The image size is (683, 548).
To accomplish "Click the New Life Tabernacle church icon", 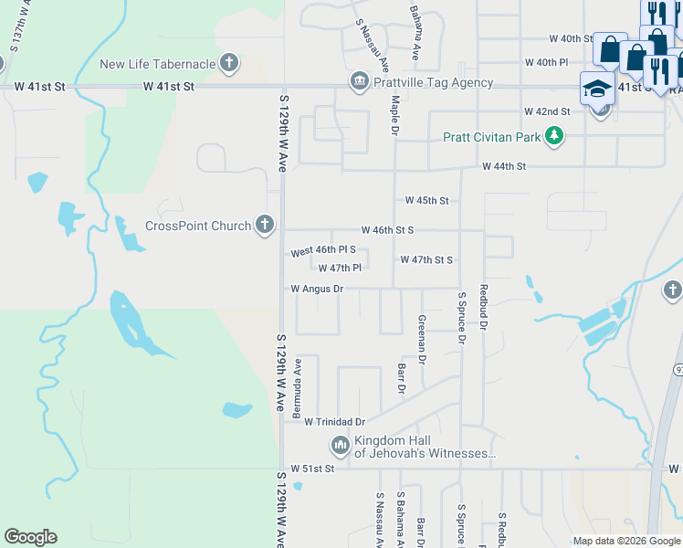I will [x=229, y=64].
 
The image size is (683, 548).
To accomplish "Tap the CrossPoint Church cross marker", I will [x=265, y=225].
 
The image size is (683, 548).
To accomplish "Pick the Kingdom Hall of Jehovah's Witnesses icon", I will [x=340, y=446].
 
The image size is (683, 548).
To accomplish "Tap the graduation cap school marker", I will [x=596, y=89].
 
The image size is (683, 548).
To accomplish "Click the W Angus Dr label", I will [x=316, y=289].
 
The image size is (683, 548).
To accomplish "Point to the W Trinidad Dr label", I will [x=334, y=422].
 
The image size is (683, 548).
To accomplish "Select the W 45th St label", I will [x=427, y=200].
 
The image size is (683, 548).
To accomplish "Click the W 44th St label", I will [x=505, y=167].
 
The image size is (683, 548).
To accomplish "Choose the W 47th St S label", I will [x=426, y=259].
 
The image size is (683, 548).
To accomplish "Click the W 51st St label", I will [x=313, y=469].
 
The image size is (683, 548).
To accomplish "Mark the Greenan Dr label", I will [x=422, y=340].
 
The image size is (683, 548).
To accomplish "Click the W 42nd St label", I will [x=547, y=111].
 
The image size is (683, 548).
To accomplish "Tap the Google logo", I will [x=30, y=537].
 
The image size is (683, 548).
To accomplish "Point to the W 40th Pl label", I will [x=546, y=62].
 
